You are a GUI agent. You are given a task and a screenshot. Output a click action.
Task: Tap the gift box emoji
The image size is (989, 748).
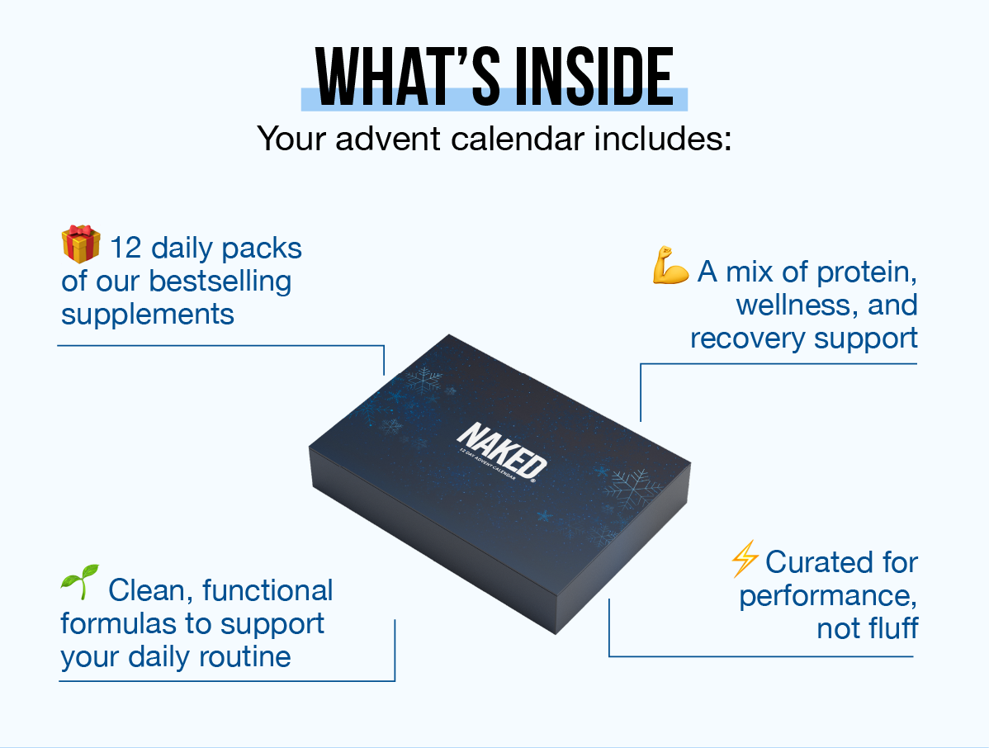point(80,245)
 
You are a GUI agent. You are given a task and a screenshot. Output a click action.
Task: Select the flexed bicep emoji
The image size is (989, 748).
point(670,269)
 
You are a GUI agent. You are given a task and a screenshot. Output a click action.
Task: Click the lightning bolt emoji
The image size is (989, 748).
point(745,560)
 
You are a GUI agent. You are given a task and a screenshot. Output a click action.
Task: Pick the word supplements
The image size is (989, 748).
point(148,315)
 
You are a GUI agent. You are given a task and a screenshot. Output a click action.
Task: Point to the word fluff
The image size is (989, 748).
point(890,628)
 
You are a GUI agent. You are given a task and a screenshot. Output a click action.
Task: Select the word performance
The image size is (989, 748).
point(828,595)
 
